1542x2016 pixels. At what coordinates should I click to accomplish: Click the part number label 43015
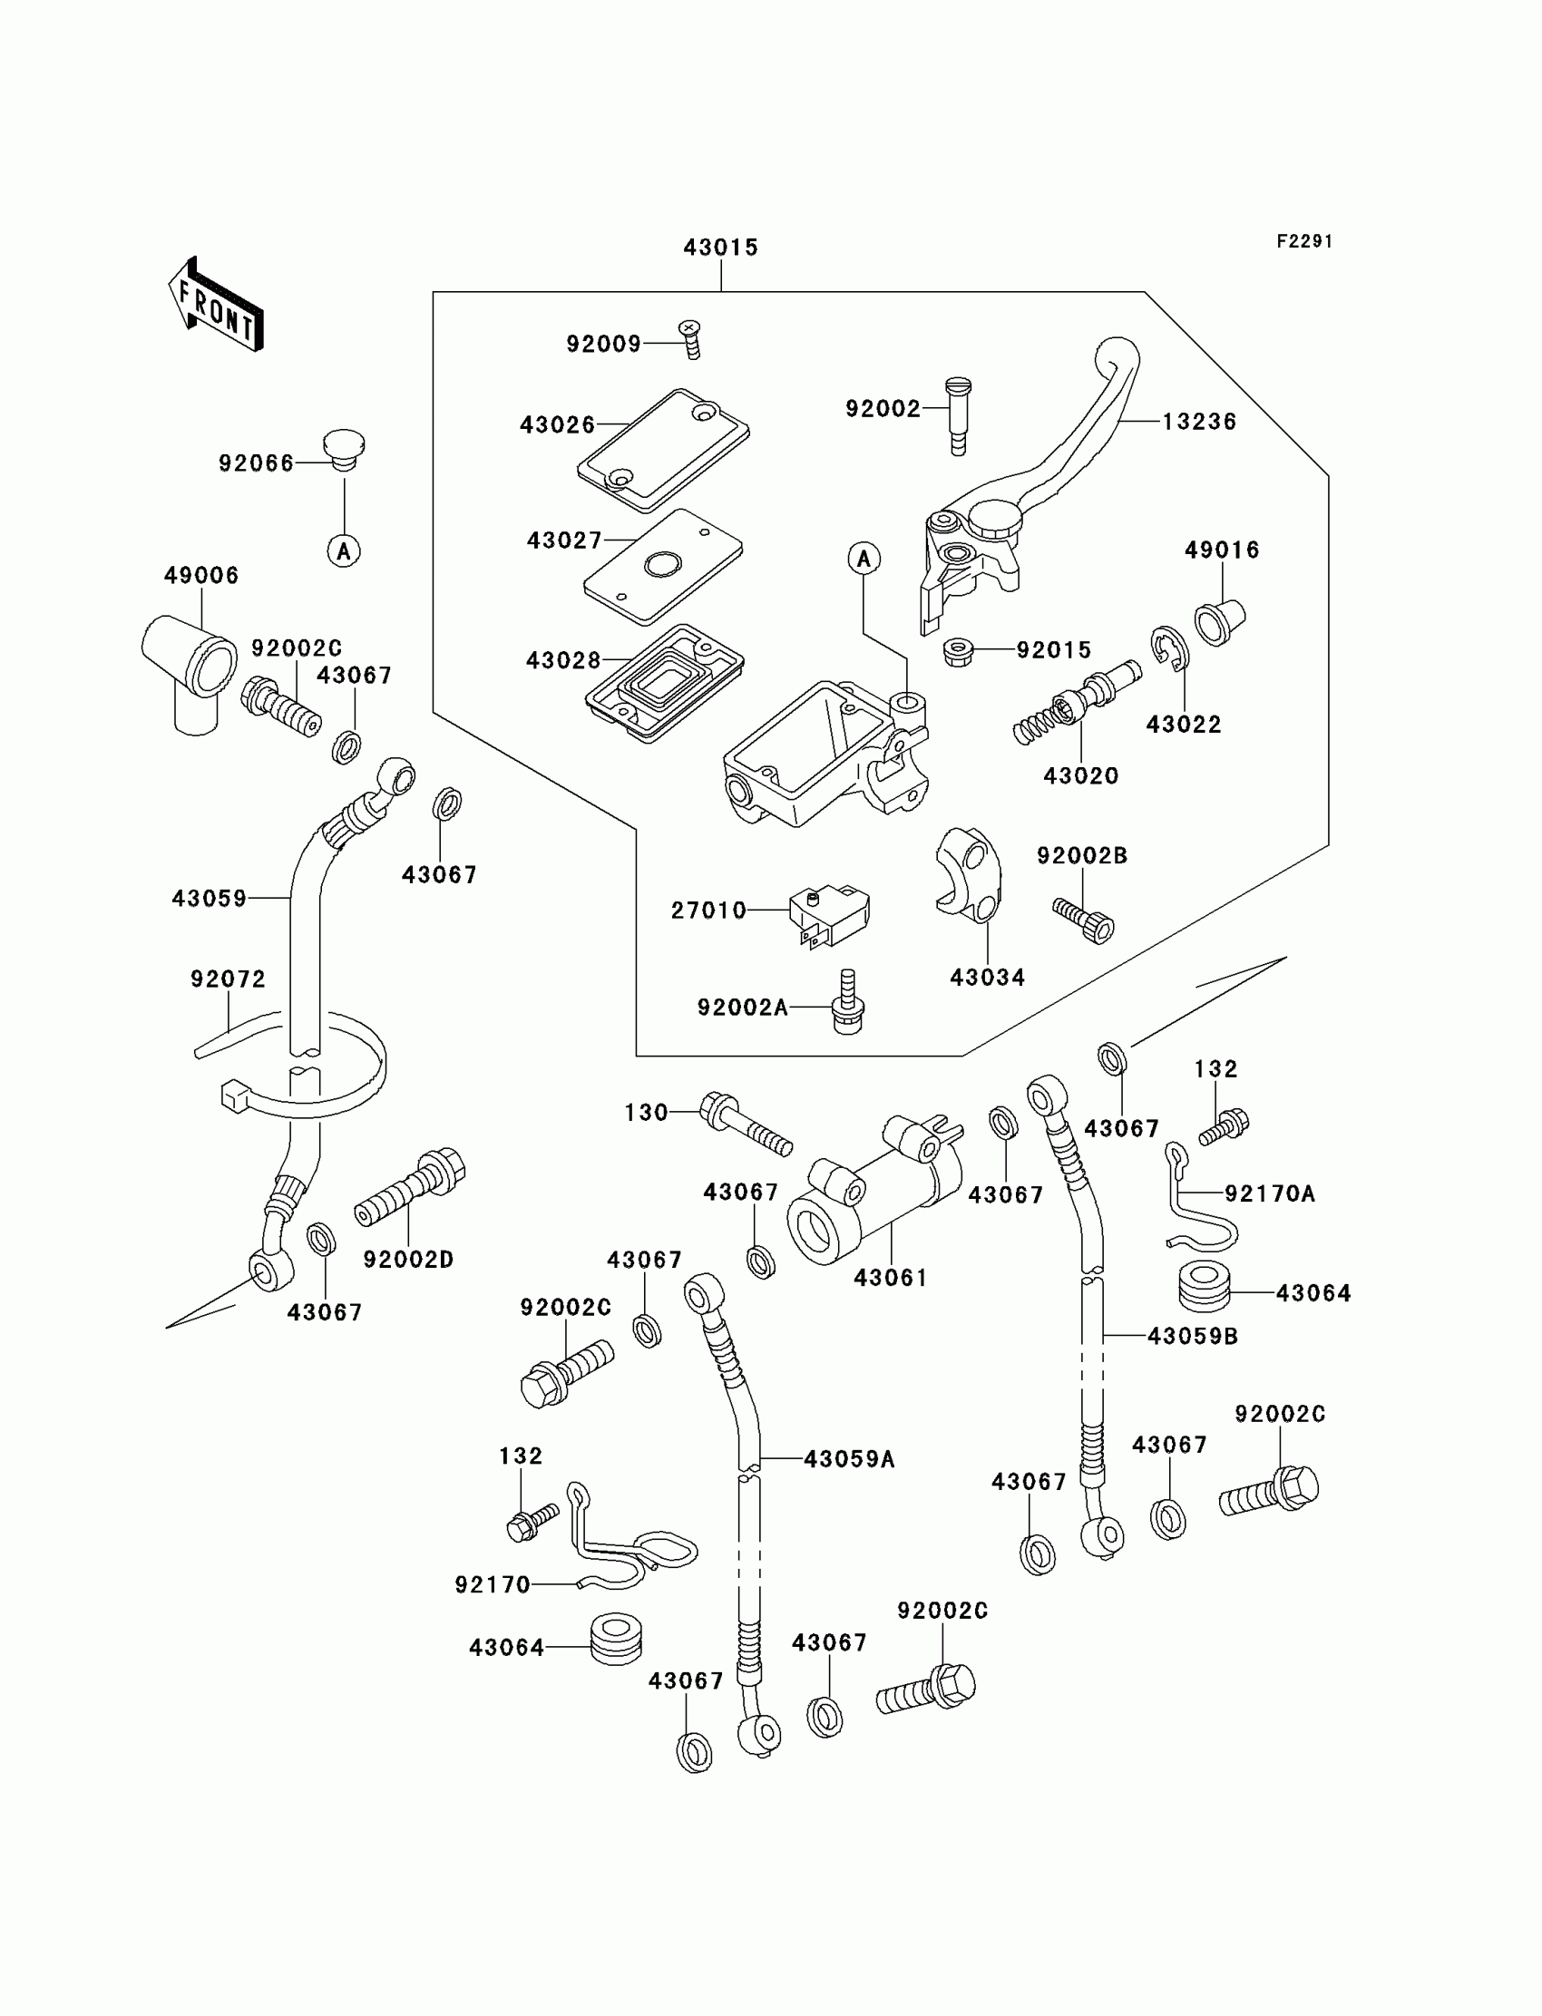(x=720, y=248)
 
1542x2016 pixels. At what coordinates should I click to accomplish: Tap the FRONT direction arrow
(x=218, y=306)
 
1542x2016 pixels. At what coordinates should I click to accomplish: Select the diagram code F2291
(x=1304, y=241)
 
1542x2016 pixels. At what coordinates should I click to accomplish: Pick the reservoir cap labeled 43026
(x=663, y=450)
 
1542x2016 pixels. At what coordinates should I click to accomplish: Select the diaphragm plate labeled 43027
(x=663, y=566)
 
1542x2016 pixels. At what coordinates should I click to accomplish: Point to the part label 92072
(x=228, y=979)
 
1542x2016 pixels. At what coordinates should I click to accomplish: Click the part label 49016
(x=1222, y=550)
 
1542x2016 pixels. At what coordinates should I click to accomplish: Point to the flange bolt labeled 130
(x=746, y=1123)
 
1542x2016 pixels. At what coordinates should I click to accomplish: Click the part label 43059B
(x=1192, y=1337)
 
